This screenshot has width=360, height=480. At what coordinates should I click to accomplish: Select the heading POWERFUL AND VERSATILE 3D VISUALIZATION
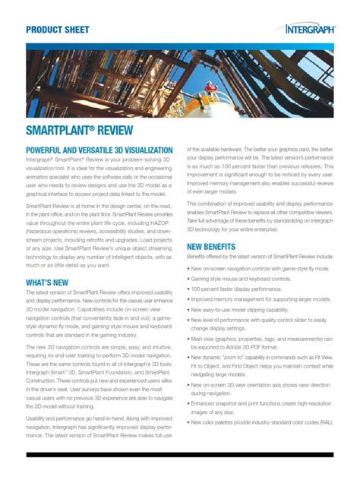(99, 151)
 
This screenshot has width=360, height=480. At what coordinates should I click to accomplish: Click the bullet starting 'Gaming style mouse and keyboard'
(251, 279)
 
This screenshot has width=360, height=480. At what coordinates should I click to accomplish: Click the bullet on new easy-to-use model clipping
(251, 311)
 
